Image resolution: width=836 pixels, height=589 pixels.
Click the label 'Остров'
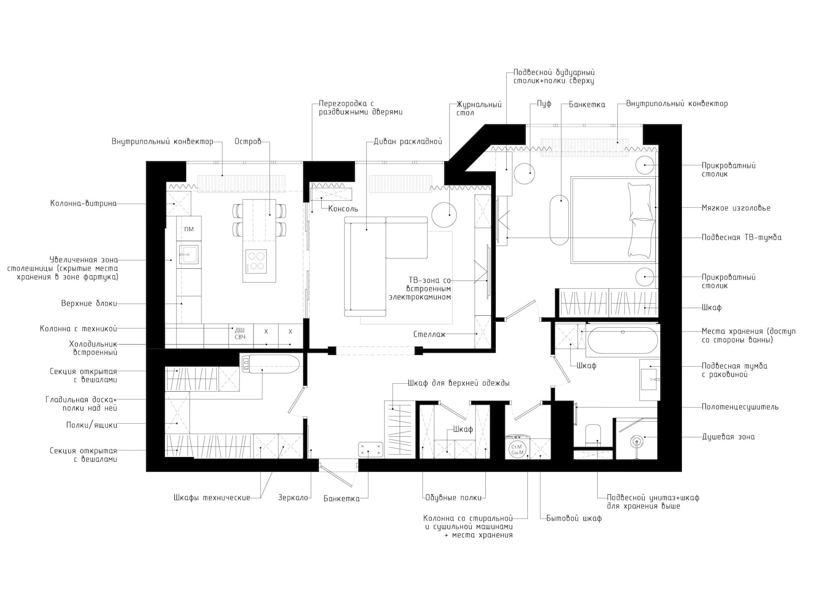click(x=248, y=142)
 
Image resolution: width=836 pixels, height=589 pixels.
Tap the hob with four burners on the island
click(x=256, y=261)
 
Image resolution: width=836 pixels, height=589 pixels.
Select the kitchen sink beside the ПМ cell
click(x=188, y=254)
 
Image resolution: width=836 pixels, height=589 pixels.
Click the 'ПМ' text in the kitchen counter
click(x=189, y=229)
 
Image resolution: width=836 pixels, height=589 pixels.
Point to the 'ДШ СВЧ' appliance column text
click(x=240, y=333)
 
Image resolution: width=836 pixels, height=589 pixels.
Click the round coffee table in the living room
click(x=444, y=215)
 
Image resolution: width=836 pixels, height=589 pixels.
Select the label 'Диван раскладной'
click(x=408, y=142)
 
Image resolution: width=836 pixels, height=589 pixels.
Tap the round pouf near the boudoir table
click(x=524, y=173)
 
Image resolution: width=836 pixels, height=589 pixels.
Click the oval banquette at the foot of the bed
click(x=559, y=219)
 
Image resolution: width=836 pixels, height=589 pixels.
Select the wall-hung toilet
click(x=593, y=435)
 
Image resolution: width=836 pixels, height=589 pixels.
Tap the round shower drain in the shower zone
click(x=636, y=442)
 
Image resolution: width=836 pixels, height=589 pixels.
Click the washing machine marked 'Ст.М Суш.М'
click(x=517, y=449)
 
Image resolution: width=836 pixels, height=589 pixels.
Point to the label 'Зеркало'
click(x=293, y=498)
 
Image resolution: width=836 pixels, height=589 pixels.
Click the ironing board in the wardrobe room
click(x=270, y=364)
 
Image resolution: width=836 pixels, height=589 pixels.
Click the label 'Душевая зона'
click(x=728, y=437)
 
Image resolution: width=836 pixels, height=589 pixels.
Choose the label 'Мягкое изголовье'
click(x=736, y=208)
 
